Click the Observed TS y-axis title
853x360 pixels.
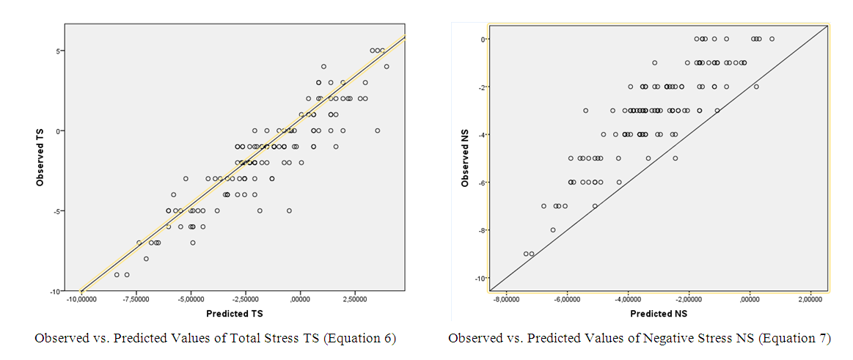(x=41, y=158)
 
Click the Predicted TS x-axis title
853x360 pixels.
(x=234, y=313)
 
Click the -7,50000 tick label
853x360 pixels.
(x=136, y=299)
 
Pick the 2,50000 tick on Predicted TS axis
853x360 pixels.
(x=354, y=299)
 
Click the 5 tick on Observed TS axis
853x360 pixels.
(x=57, y=51)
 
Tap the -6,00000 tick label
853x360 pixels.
(x=567, y=300)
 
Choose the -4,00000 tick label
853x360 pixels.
(x=628, y=300)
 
